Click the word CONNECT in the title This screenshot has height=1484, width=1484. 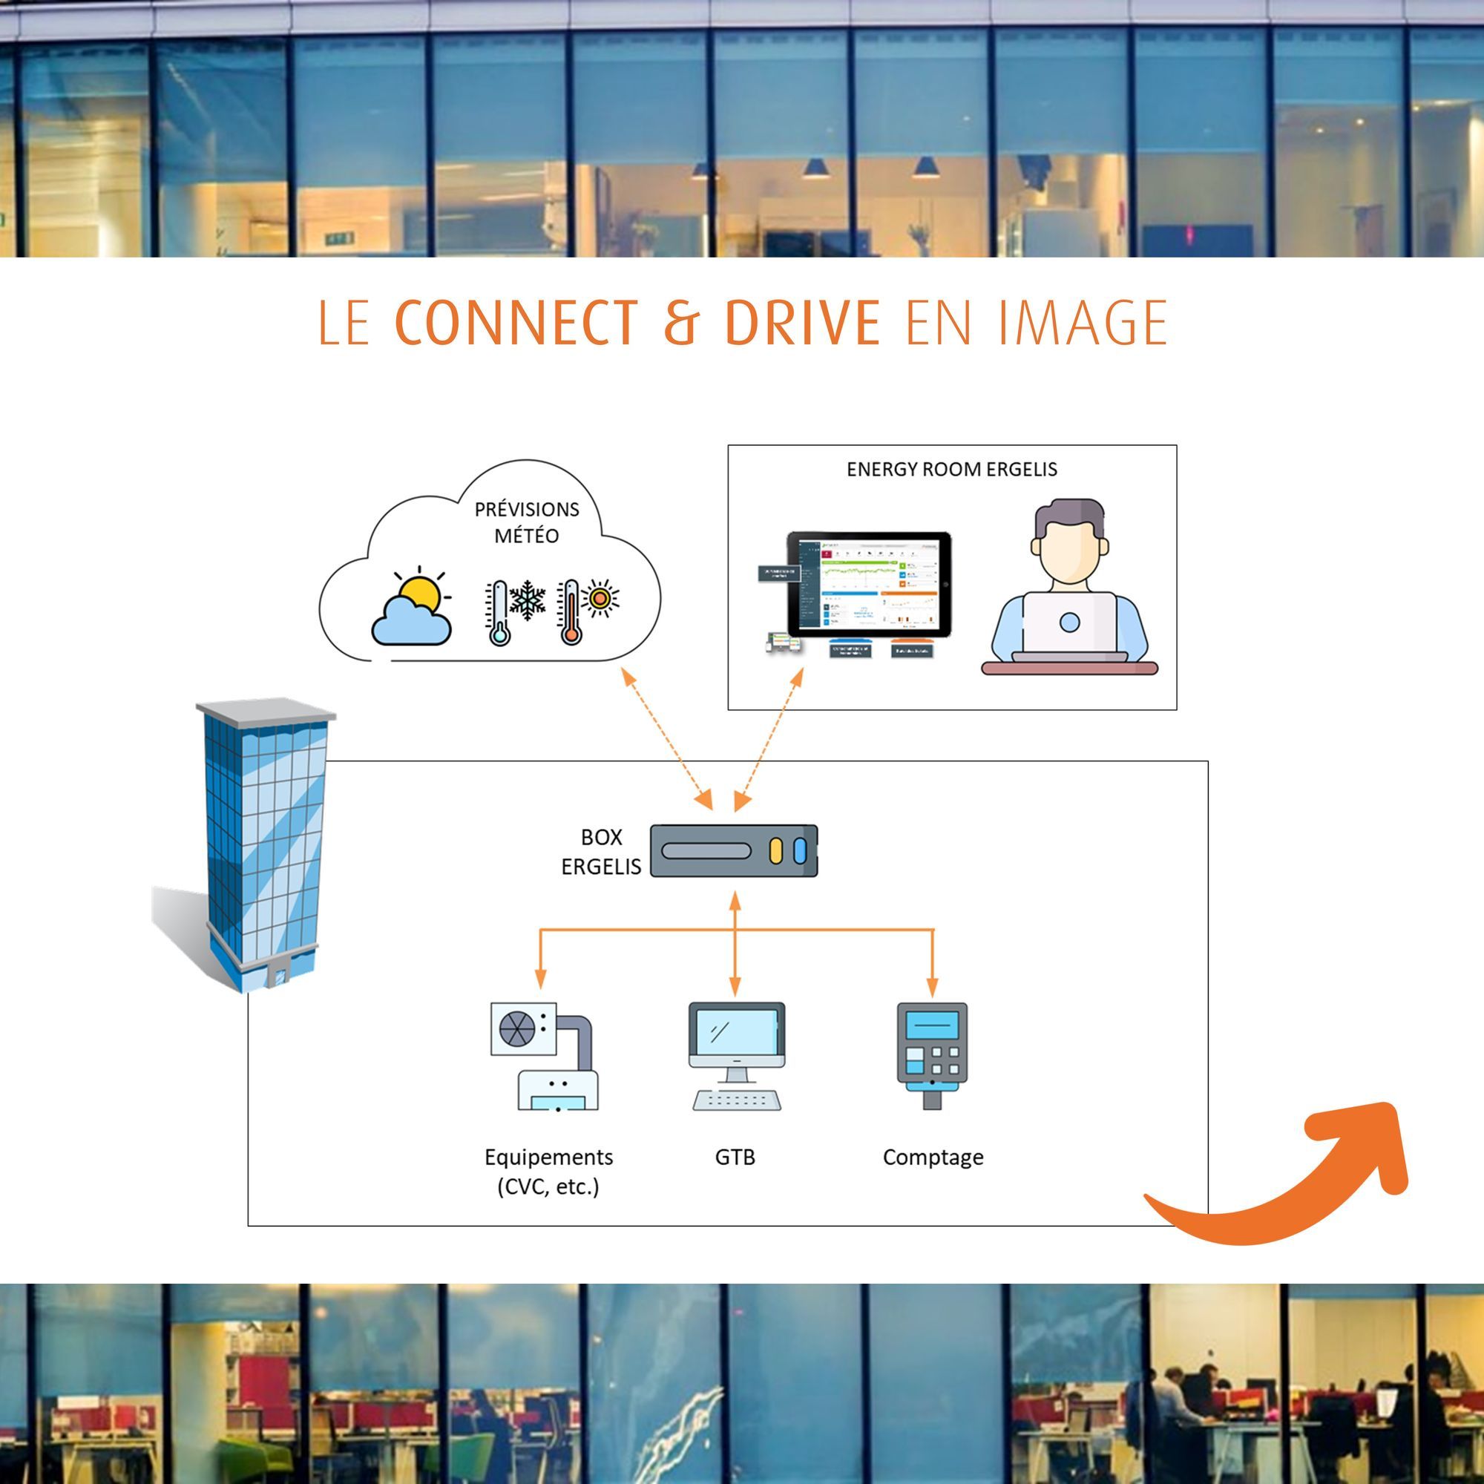pos(516,323)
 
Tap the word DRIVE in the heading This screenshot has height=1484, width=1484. pos(802,323)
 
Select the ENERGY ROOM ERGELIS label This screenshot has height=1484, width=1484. pos(952,470)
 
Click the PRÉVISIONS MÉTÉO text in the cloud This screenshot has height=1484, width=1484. pos(526,522)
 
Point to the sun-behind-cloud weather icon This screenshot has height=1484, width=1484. pos(413,608)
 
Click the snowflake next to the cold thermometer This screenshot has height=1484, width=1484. pos(527,600)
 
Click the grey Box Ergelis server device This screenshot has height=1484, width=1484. pos(734,851)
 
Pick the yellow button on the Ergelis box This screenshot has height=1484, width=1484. pos(776,851)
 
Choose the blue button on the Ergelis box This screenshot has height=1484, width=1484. pos(800,851)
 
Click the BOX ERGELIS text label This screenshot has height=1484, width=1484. pos(601,852)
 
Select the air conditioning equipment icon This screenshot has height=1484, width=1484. pos(544,1056)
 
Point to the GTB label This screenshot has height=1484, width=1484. pos(735,1157)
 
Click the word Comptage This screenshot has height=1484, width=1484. pos(933,1157)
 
